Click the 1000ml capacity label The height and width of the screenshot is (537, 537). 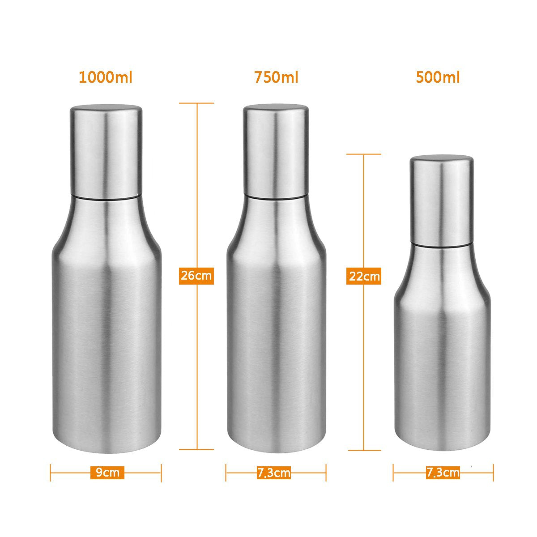tap(106, 77)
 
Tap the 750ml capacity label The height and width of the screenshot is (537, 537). tap(276, 77)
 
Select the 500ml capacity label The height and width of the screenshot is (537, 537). tap(438, 77)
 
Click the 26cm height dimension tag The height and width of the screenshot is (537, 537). tap(196, 275)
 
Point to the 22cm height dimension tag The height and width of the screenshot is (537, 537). tap(364, 276)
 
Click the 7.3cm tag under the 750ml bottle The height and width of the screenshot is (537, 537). tap(274, 473)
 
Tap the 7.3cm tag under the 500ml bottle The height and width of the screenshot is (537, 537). tap(443, 472)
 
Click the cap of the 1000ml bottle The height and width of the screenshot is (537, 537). tap(106, 150)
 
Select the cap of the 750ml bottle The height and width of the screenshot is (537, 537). tap(276, 150)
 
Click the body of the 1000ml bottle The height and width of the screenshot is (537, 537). tap(106, 336)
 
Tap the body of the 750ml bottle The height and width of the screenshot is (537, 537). tap(276, 336)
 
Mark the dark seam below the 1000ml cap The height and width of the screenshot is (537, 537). tap(106, 197)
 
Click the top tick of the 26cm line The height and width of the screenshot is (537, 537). tap(196, 103)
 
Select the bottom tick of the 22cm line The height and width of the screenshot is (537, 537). tap(364, 450)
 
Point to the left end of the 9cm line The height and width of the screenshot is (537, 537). tap(51, 473)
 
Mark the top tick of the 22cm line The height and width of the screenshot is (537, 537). tap(364, 154)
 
